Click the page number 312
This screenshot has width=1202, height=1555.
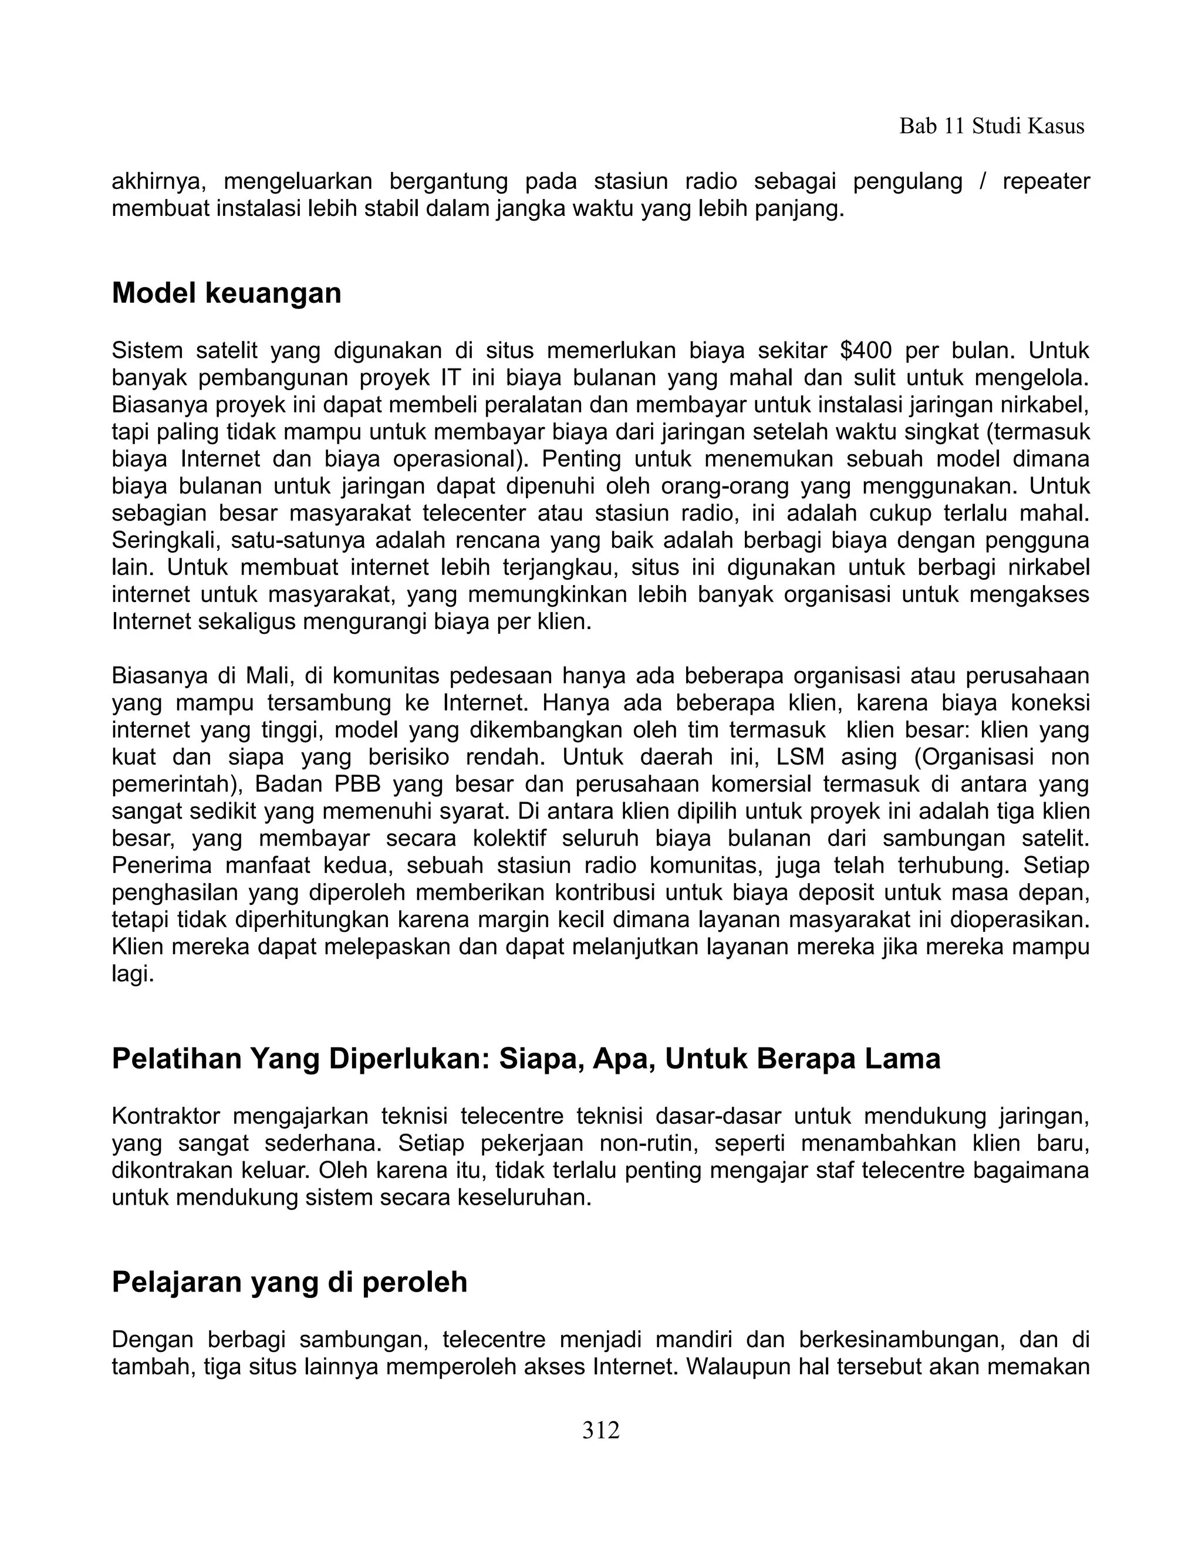click(x=600, y=1429)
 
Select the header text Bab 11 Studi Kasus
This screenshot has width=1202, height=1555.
click(x=991, y=126)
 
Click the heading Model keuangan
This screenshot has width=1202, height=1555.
click(x=227, y=293)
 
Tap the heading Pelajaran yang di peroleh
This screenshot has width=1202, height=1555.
click(x=289, y=1282)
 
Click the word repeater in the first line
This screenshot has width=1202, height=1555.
click(x=1045, y=181)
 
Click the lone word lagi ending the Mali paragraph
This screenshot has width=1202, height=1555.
click(x=133, y=974)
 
